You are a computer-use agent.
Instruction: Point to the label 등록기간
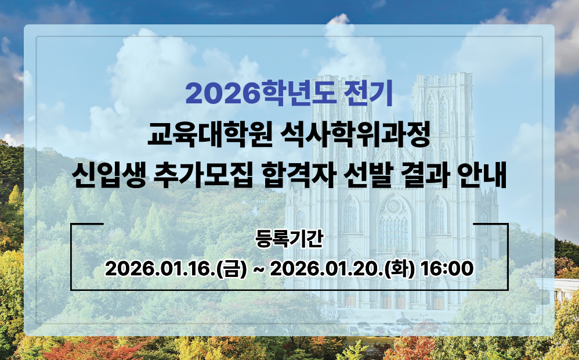pos(289,240)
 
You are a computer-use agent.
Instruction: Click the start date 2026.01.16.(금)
pos(176,269)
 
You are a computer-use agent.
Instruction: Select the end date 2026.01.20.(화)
pos(342,269)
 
